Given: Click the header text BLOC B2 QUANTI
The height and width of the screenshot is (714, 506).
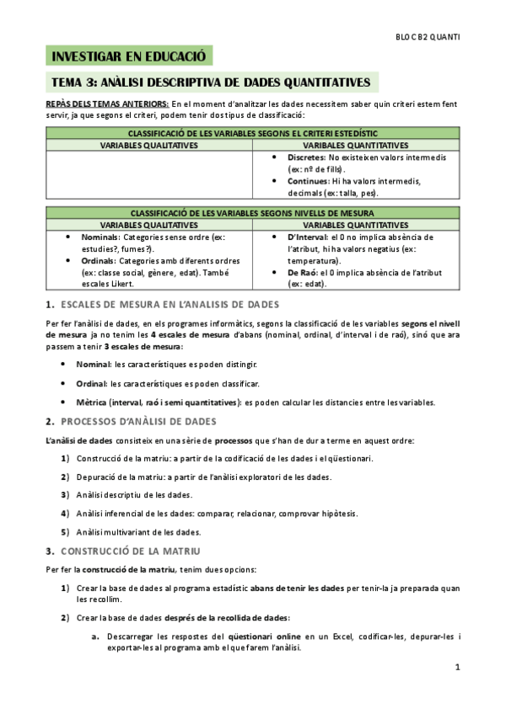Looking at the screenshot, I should [x=428, y=37].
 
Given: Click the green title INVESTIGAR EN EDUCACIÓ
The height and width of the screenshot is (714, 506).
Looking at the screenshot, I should [x=129, y=57].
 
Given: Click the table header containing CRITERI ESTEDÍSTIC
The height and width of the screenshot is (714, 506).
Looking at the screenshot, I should [x=252, y=134].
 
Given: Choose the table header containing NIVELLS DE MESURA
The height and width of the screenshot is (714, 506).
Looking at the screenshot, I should [x=252, y=213].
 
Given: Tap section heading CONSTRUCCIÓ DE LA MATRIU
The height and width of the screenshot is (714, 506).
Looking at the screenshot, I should [x=130, y=551].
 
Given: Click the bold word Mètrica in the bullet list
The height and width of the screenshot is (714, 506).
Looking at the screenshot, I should [x=94, y=402].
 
